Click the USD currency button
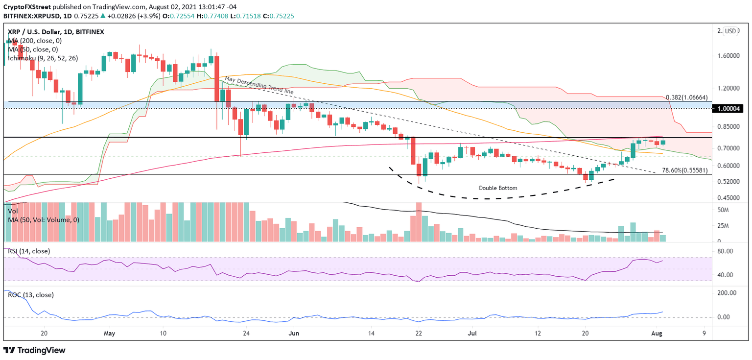click(730, 31)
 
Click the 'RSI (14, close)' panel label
click(29, 251)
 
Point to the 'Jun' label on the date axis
click(294, 333)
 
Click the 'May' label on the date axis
click(110, 333)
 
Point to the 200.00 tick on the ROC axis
click(727, 293)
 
